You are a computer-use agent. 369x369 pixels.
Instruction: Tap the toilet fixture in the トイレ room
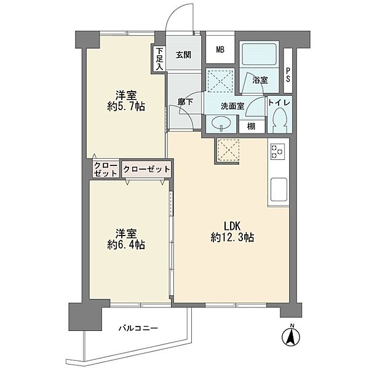tap(280, 121)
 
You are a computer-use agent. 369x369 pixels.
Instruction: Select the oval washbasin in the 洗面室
tap(221, 123)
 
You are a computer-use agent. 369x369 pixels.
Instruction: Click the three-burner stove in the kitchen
tap(277, 151)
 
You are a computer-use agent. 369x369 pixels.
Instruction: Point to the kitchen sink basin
tap(279, 189)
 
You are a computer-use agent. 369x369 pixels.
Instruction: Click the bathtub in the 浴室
tap(259, 54)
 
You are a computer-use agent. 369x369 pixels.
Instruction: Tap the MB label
tap(220, 50)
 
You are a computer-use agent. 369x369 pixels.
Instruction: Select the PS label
tap(288, 75)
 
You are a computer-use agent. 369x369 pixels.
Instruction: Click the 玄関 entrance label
tap(184, 55)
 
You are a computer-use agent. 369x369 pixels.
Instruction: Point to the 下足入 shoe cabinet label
tap(159, 58)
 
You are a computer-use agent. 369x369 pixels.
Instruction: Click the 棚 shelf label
tap(251, 127)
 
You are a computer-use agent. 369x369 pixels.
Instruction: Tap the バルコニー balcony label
tap(138, 328)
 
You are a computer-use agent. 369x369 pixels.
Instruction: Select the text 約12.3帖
tap(232, 237)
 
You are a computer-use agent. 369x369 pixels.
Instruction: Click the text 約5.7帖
tap(126, 107)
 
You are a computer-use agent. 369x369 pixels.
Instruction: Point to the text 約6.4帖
tap(126, 245)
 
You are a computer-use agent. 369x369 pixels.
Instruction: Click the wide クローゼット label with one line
tap(146, 169)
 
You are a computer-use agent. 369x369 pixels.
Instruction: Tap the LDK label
tap(232, 226)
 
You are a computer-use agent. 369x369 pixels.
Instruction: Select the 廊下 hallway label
tap(186, 102)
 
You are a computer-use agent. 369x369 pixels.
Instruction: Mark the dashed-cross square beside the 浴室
tap(220, 79)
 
